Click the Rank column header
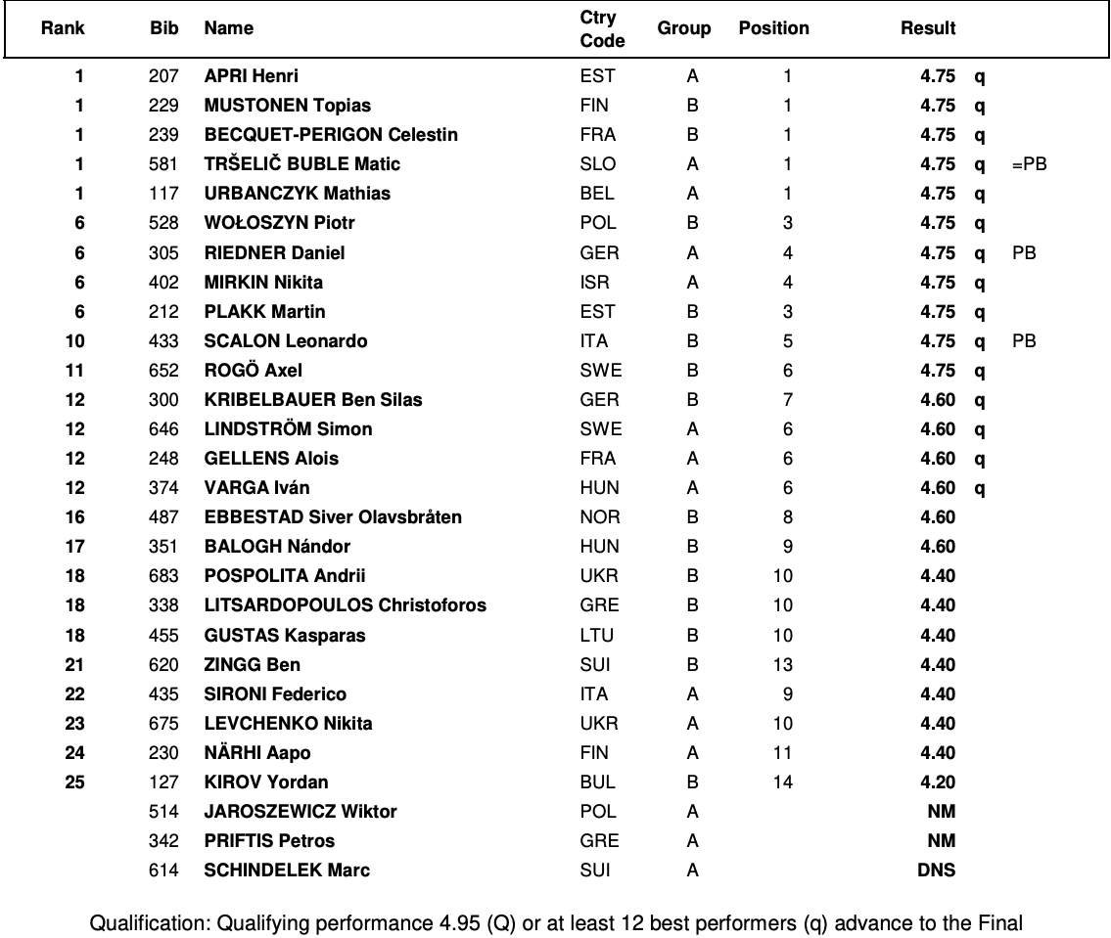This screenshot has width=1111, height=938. click(x=63, y=28)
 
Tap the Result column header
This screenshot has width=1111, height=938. click(x=927, y=28)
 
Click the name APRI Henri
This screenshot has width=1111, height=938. click(x=252, y=75)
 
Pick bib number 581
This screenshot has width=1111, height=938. click(x=164, y=164)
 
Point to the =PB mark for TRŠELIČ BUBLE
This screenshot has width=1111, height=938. click(x=1030, y=164)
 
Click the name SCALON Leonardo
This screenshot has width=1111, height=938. click(x=286, y=341)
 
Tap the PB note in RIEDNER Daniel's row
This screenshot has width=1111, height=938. click(x=1025, y=252)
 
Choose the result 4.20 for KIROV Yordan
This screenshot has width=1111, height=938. click(x=937, y=782)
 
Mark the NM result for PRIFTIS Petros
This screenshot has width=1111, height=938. click(x=941, y=841)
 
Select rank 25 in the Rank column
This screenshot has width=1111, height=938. click(x=74, y=782)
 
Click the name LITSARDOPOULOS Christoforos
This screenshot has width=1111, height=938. click(x=345, y=605)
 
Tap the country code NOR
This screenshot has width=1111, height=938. click(x=600, y=517)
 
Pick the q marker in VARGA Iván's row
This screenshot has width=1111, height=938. click(x=979, y=488)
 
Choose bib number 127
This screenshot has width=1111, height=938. click(x=164, y=782)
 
